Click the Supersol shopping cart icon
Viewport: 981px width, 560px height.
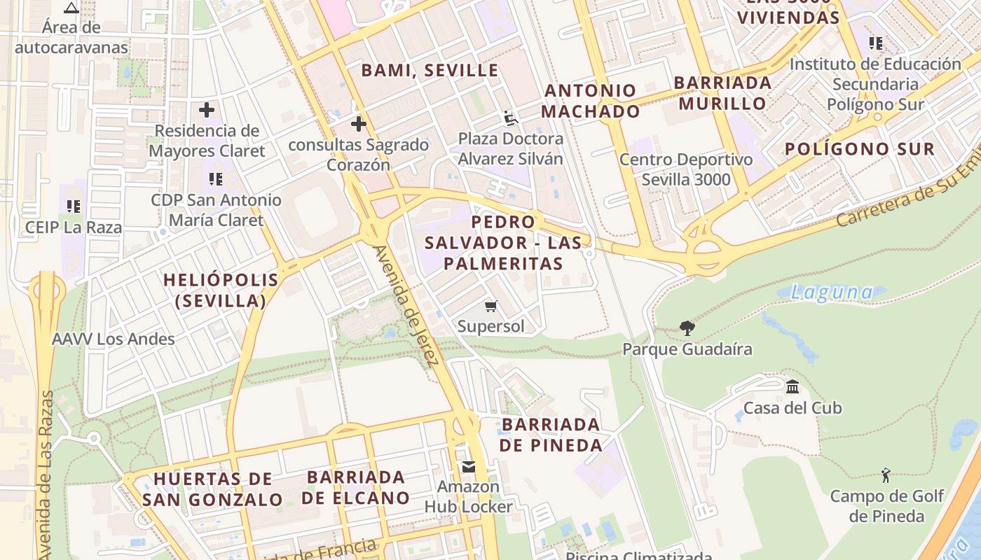[x=491, y=306]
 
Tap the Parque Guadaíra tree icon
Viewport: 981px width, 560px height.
[x=687, y=328]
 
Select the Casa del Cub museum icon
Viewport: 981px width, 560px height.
[x=793, y=386]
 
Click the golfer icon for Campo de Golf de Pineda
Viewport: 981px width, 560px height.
[x=886, y=475]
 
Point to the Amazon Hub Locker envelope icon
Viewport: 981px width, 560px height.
[x=468, y=466]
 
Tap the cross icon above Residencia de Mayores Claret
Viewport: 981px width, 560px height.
[x=207, y=110]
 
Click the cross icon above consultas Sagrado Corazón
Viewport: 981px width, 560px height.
[x=359, y=124]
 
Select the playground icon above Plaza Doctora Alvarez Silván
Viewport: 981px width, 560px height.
[x=511, y=118]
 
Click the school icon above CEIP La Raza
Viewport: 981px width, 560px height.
[x=74, y=206]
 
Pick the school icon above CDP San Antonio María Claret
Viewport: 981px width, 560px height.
[x=216, y=179]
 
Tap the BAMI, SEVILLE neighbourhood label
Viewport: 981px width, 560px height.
[x=430, y=71]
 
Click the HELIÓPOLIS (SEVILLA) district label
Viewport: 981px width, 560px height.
[x=221, y=290]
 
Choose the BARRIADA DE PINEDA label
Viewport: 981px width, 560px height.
[x=551, y=435]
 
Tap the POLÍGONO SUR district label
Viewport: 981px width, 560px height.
[x=859, y=149]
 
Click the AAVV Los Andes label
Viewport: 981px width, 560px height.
[x=114, y=339]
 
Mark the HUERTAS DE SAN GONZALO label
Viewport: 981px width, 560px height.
[x=212, y=489]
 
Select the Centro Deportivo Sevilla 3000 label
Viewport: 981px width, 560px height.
[x=686, y=169]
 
